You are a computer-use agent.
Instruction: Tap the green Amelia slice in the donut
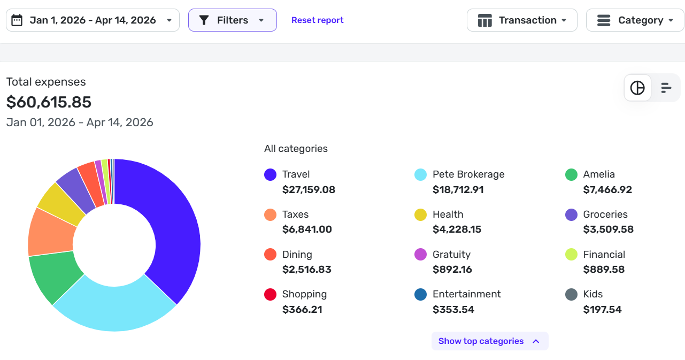pos(53,275)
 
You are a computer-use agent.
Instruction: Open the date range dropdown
pos(93,20)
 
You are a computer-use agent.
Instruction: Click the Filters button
pos(232,20)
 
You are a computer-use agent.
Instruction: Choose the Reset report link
pos(317,20)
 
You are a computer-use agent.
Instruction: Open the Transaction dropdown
pos(522,20)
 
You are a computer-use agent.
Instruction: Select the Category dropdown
pos(635,20)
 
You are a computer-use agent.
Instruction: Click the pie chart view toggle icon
pos(637,88)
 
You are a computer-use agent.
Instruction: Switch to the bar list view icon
pos(666,88)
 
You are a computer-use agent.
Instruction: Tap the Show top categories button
pos(489,341)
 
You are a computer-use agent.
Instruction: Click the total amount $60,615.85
pos(49,102)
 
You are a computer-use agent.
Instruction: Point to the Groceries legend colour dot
pos(572,215)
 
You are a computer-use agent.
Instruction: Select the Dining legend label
pos(297,255)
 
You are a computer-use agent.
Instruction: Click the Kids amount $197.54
pos(602,310)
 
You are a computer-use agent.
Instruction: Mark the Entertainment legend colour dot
pos(421,294)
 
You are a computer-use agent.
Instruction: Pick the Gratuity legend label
pos(451,255)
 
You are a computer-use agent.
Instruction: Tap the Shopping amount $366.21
pos(302,310)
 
